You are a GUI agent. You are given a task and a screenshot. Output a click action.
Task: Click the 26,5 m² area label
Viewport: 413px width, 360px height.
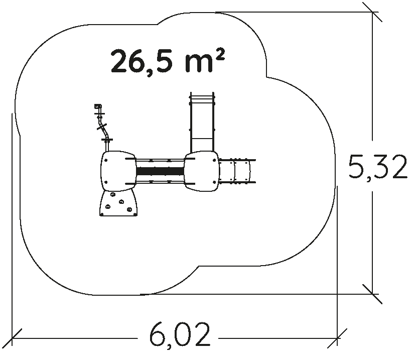point(168,61)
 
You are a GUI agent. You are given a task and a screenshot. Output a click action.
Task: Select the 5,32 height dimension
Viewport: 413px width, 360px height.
point(378,167)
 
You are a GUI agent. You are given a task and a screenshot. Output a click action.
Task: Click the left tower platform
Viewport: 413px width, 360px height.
point(118,171)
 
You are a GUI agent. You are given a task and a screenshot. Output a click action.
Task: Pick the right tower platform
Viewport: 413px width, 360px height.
point(202,171)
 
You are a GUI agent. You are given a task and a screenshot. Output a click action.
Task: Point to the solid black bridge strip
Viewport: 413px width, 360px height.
point(160,171)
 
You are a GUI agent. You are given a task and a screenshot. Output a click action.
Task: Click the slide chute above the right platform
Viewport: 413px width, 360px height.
point(202,122)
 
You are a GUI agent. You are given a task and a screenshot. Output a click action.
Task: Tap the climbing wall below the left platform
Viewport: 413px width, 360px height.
point(118,203)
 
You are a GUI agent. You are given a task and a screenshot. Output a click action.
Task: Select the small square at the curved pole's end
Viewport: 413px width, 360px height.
point(98,106)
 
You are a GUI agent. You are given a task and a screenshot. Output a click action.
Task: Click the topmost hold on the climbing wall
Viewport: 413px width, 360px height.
point(113,195)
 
